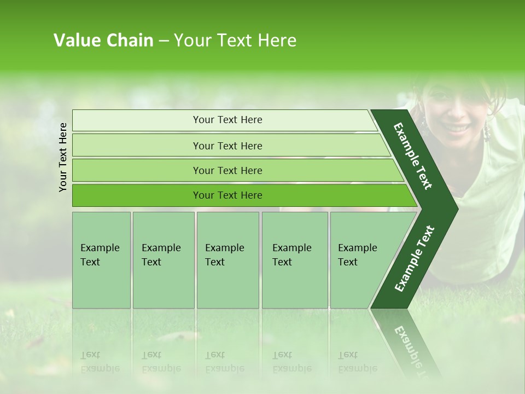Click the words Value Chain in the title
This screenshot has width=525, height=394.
coord(103,40)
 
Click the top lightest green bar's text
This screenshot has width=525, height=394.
coord(227,120)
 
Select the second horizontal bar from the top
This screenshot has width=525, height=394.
coord(227,146)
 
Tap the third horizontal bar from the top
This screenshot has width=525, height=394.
coord(227,170)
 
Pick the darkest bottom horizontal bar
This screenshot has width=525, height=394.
coord(227,195)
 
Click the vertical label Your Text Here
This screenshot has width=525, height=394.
coord(63,157)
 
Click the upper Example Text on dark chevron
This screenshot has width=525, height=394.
coord(413,156)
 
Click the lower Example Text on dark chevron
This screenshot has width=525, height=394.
coord(415,259)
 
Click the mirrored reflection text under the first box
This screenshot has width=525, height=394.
coord(100,362)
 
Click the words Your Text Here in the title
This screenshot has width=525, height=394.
coord(235,40)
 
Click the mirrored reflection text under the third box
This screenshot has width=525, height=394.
coord(224,362)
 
